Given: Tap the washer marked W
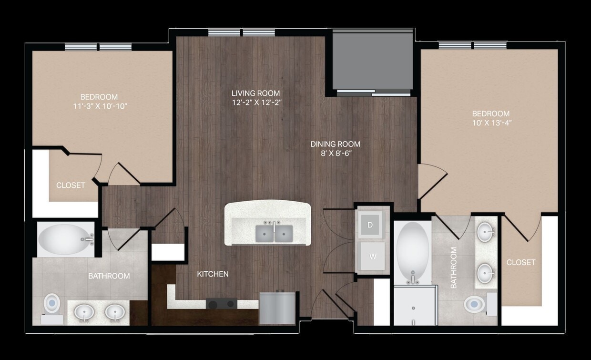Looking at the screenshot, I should [x=373, y=257].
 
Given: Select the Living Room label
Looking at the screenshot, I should [x=255, y=93].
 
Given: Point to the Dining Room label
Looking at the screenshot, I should [x=335, y=144].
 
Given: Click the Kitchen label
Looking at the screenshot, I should [x=213, y=274].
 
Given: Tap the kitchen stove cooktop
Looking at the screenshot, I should [x=221, y=303].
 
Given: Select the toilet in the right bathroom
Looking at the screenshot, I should [x=475, y=304].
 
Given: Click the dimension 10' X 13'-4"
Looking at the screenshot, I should [x=490, y=123].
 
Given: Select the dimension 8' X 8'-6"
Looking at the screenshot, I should [x=335, y=153].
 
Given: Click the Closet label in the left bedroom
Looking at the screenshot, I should [x=71, y=185].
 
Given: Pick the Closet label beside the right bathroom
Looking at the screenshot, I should [x=520, y=262].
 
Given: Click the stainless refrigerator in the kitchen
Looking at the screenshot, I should [x=277, y=308].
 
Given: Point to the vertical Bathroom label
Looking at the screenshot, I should [x=453, y=267].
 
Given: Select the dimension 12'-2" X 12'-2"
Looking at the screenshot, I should [x=255, y=102].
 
